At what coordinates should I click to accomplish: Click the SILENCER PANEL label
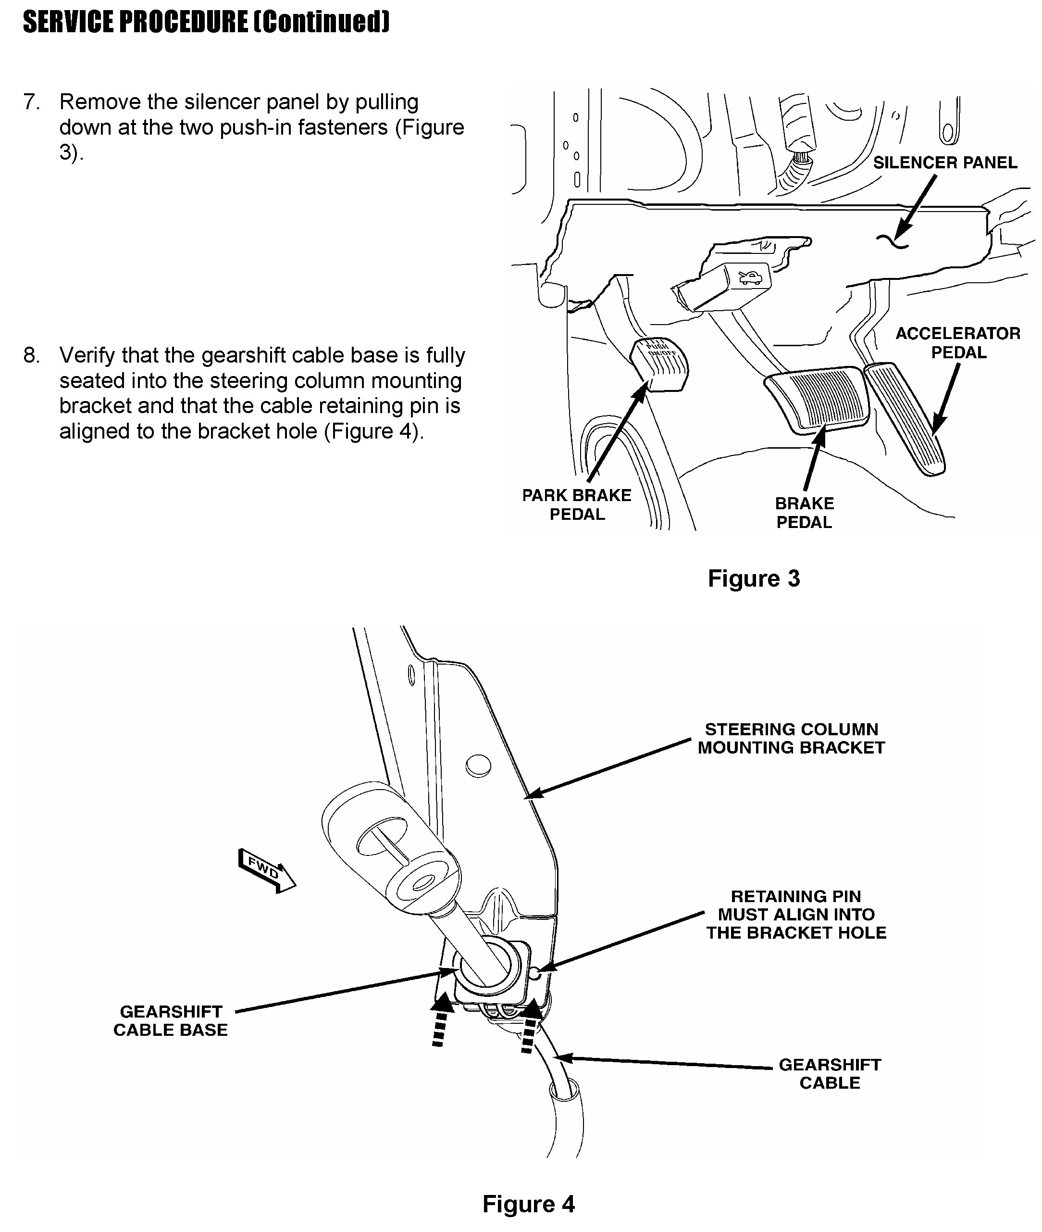click(x=944, y=163)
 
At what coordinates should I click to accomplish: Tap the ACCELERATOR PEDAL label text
click(x=957, y=343)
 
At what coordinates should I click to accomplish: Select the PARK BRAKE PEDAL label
click(x=577, y=504)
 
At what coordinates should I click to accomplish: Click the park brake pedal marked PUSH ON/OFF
click(x=660, y=364)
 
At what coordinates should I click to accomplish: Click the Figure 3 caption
click(x=753, y=578)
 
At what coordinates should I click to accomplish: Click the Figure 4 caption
click(x=528, y=1204)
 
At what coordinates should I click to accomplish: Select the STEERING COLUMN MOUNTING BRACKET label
click(x=791, y=738)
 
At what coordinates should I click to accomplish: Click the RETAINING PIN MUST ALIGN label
click(x=795, y=914)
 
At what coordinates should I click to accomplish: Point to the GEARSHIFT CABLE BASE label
click(x=171, y=1020)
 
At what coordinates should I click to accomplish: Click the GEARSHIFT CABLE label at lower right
click(x=830, y=1074)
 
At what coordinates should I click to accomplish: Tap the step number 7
click(x=31, y=102)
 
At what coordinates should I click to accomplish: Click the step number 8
click(x=31, y=356)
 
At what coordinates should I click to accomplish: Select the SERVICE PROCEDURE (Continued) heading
click(x=206, y=23)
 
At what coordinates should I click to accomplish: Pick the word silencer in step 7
click(x=222, y=102)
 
